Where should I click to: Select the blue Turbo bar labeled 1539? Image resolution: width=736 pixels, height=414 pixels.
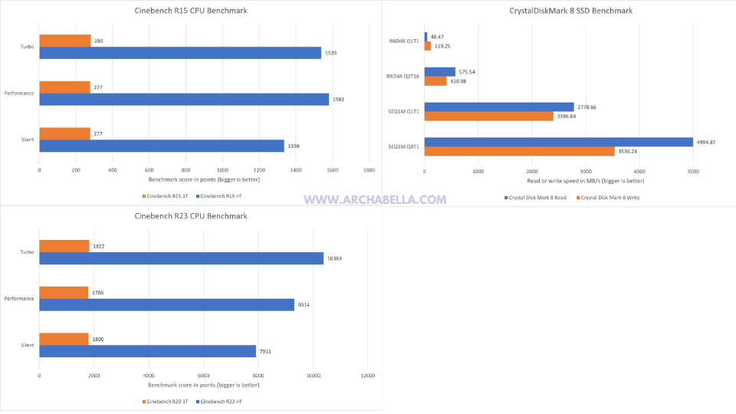click(x=180, y=53)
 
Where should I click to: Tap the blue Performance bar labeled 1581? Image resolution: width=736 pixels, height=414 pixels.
click(x=184, y=100)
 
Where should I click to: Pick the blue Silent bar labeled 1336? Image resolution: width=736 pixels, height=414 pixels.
click(x=162, y=146)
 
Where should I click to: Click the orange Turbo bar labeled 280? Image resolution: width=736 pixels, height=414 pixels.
click(x=64, y=41)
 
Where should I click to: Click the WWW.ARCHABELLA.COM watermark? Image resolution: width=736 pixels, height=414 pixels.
click(x=375, y=199)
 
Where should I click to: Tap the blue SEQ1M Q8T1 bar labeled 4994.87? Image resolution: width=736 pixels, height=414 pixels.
click(x=558, y=142)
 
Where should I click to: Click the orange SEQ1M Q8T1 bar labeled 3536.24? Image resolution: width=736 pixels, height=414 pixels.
click(x=519, y=151)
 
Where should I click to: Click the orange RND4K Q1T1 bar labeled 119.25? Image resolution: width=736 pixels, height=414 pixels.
click(x=427, y=46)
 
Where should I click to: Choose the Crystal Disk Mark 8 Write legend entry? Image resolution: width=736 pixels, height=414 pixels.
click(x=609, y=198)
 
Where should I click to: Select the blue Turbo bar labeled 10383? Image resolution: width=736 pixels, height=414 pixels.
click(x=181, y=258)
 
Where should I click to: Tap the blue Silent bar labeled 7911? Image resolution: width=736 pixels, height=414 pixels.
click(x=147, y=351)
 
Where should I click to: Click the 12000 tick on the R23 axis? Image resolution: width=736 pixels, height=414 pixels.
click(x=368, y=376)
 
